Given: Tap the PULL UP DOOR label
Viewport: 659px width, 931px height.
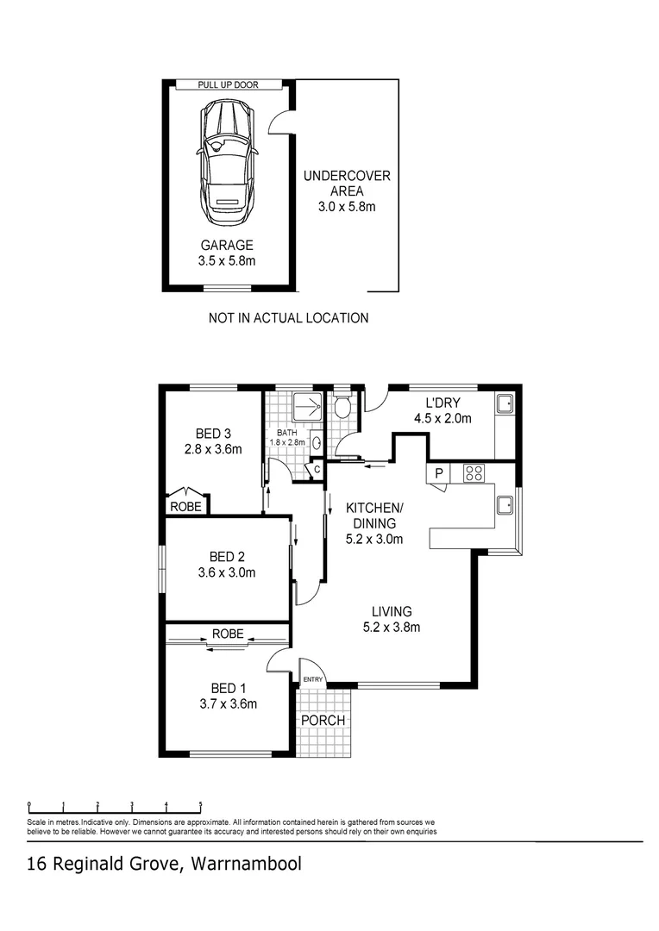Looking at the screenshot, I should [228, 84].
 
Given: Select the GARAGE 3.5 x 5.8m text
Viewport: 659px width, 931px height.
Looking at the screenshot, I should [228, 253].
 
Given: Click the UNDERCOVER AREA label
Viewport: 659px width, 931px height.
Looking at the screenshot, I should [347, 184].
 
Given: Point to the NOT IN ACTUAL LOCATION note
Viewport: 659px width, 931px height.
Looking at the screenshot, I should [288, 318].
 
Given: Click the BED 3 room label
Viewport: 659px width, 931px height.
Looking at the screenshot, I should [213, 441].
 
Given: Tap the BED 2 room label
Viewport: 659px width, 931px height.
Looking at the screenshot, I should [226, 564].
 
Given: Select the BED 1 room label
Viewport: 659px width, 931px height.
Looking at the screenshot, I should [227, 696].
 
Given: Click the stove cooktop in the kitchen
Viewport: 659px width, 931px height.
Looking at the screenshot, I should [474, 472].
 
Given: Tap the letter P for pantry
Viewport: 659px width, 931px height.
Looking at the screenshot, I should [438, 473].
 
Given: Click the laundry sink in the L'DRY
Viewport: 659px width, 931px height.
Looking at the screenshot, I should [505, 403].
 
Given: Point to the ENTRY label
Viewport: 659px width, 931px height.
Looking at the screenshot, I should [313, 680].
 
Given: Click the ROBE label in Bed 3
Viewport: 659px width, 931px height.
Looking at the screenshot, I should [185, 507].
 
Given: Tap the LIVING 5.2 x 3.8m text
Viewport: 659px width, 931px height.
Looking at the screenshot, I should [392, 619].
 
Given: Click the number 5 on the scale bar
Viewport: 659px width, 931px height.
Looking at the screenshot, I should [200, 805].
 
